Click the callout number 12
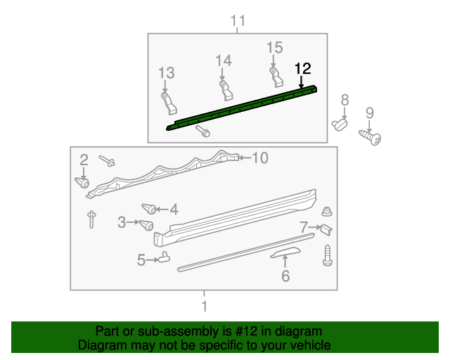[x=302, y=69]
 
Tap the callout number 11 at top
[x=238, y=21]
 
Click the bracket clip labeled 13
[x=167, y=101]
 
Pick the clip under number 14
[x=224, y=89]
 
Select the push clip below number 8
[x=340, y=124]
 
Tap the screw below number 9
[x=371, y=136]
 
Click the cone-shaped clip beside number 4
[x=148, y=208]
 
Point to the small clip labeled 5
[x=165, y=257]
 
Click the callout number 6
[x=285, y=276]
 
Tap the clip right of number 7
[x=326, y=229]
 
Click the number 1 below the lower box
[x=204, y=307]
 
